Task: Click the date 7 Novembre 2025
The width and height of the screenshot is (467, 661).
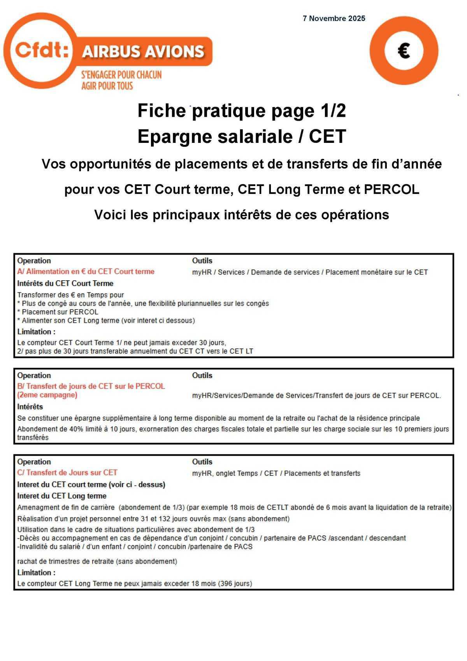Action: coord(334,18)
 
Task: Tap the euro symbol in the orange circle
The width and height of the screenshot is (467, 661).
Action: coord(404,51)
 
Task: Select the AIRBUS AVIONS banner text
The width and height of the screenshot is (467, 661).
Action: coord(143,51)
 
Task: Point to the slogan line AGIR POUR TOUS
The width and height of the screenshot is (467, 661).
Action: coord(107,86)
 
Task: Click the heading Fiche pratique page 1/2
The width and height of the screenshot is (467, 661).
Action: coord(241,111)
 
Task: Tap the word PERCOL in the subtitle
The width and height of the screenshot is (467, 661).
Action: coord(391,190)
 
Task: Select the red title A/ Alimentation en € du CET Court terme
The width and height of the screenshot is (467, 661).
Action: coord(86,271)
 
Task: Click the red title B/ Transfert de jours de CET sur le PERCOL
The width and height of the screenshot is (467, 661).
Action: coord(91,386)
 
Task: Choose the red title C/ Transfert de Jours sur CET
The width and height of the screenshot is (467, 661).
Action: coord(67,473)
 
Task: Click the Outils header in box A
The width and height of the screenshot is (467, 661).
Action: coord(202,260)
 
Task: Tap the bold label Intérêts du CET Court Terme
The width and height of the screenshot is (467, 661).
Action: coord(65,283)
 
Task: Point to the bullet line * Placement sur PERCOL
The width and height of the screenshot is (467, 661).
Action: coord(58,312)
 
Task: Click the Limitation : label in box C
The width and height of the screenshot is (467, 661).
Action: coord(36,573)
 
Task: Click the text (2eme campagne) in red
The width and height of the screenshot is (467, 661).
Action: coord(47,395)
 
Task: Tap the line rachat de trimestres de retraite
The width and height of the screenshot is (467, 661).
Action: coord(97,561)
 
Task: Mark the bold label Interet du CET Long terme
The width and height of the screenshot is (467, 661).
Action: coord(61,496)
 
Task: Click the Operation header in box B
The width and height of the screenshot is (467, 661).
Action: coord(34,375)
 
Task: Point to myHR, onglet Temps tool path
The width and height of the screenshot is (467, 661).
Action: coord(276,473)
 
